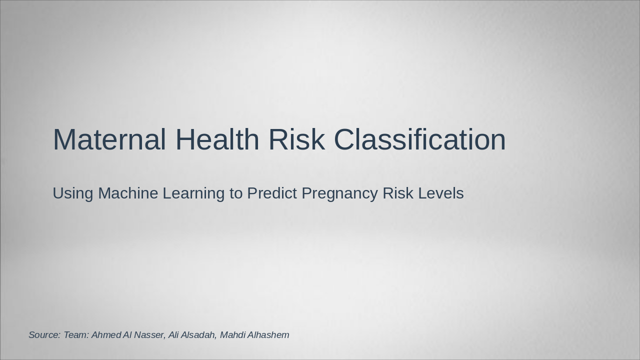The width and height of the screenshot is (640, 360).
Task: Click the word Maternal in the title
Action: coord(109,139)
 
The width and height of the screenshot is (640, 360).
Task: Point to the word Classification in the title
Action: coord(420,139)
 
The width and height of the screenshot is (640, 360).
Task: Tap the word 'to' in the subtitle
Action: coord(236,193)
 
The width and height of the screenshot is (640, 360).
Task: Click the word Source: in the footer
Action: coord(44,335)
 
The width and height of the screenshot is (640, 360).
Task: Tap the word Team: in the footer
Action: coord(76,335)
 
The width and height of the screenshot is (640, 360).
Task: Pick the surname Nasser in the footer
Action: coord(149,335)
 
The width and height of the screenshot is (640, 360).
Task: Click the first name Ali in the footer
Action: coord(173,335)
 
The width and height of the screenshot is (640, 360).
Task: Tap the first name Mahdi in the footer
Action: coord(232,335)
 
